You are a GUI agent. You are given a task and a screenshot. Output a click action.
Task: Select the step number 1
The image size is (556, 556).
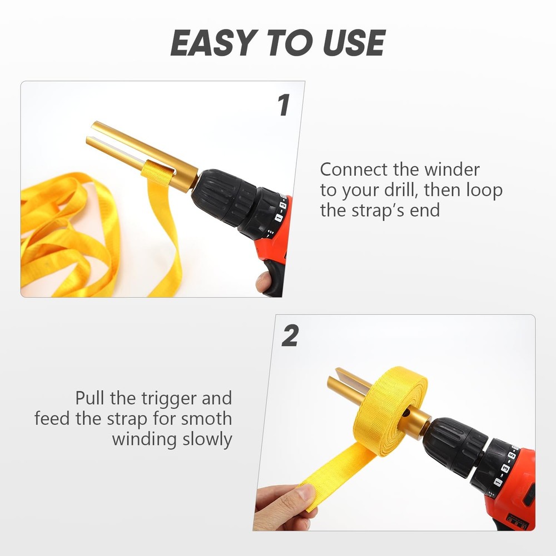tap(284, 106)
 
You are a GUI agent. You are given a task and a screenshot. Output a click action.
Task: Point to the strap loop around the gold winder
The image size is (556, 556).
tap(153, 170)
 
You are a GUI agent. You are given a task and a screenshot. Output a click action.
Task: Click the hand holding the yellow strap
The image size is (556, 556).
tap(284, 506)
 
